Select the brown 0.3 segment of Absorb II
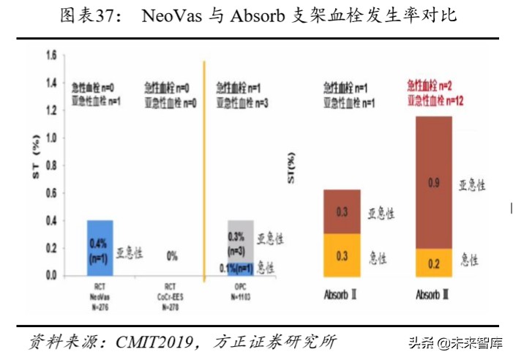(342, 211)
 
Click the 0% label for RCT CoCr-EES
(173, 257)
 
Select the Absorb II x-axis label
(342, 296)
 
